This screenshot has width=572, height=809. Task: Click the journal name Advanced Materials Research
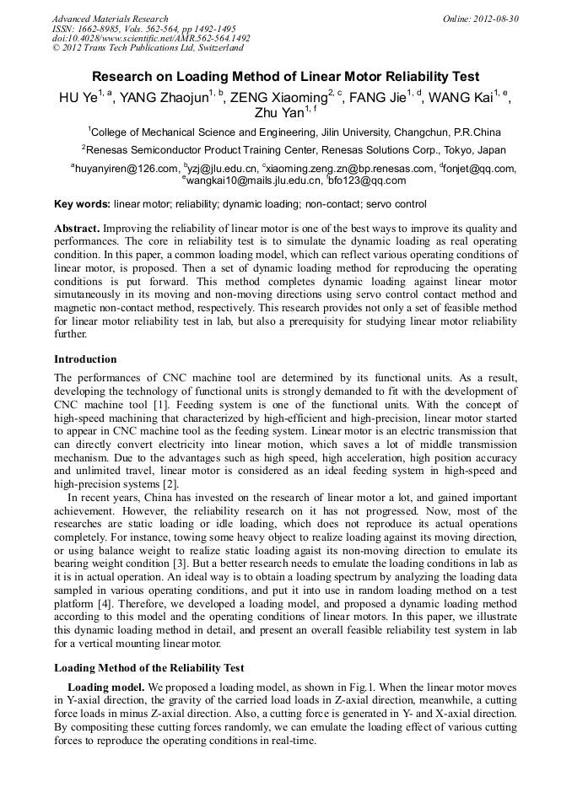click(110, 19)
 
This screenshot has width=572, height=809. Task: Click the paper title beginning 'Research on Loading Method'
click(285, 77)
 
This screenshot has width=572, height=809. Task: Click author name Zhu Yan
click(278, 112)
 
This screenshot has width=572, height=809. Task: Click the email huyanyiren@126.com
click(127, 169)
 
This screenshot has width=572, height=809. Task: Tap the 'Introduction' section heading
click(85, 359)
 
